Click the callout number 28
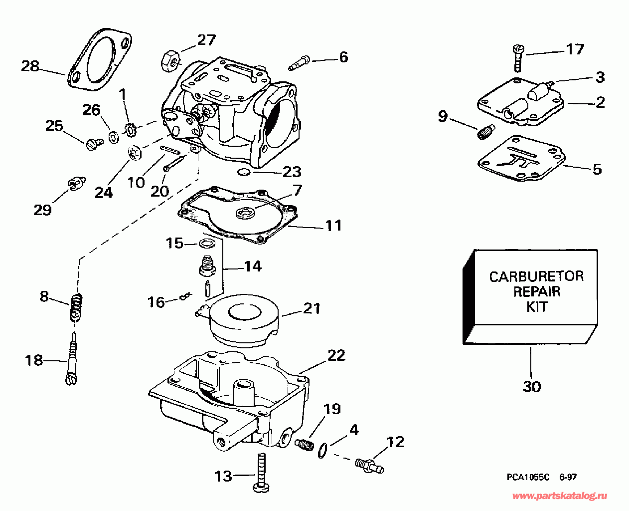(x=30, y=65)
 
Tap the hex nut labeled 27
(x=169, y=60)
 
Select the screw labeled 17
(x=517, y=57)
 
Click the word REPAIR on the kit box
(x=536, y=291)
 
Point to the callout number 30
(x=531, y=386)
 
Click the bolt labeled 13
(x=261, y=474)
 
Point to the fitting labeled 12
(x=369, y=465)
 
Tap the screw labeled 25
(x=93, y=144)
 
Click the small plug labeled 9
(x=485, y=132)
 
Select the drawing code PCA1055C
(x=528, y=477)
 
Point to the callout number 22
(x=336, y=355)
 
